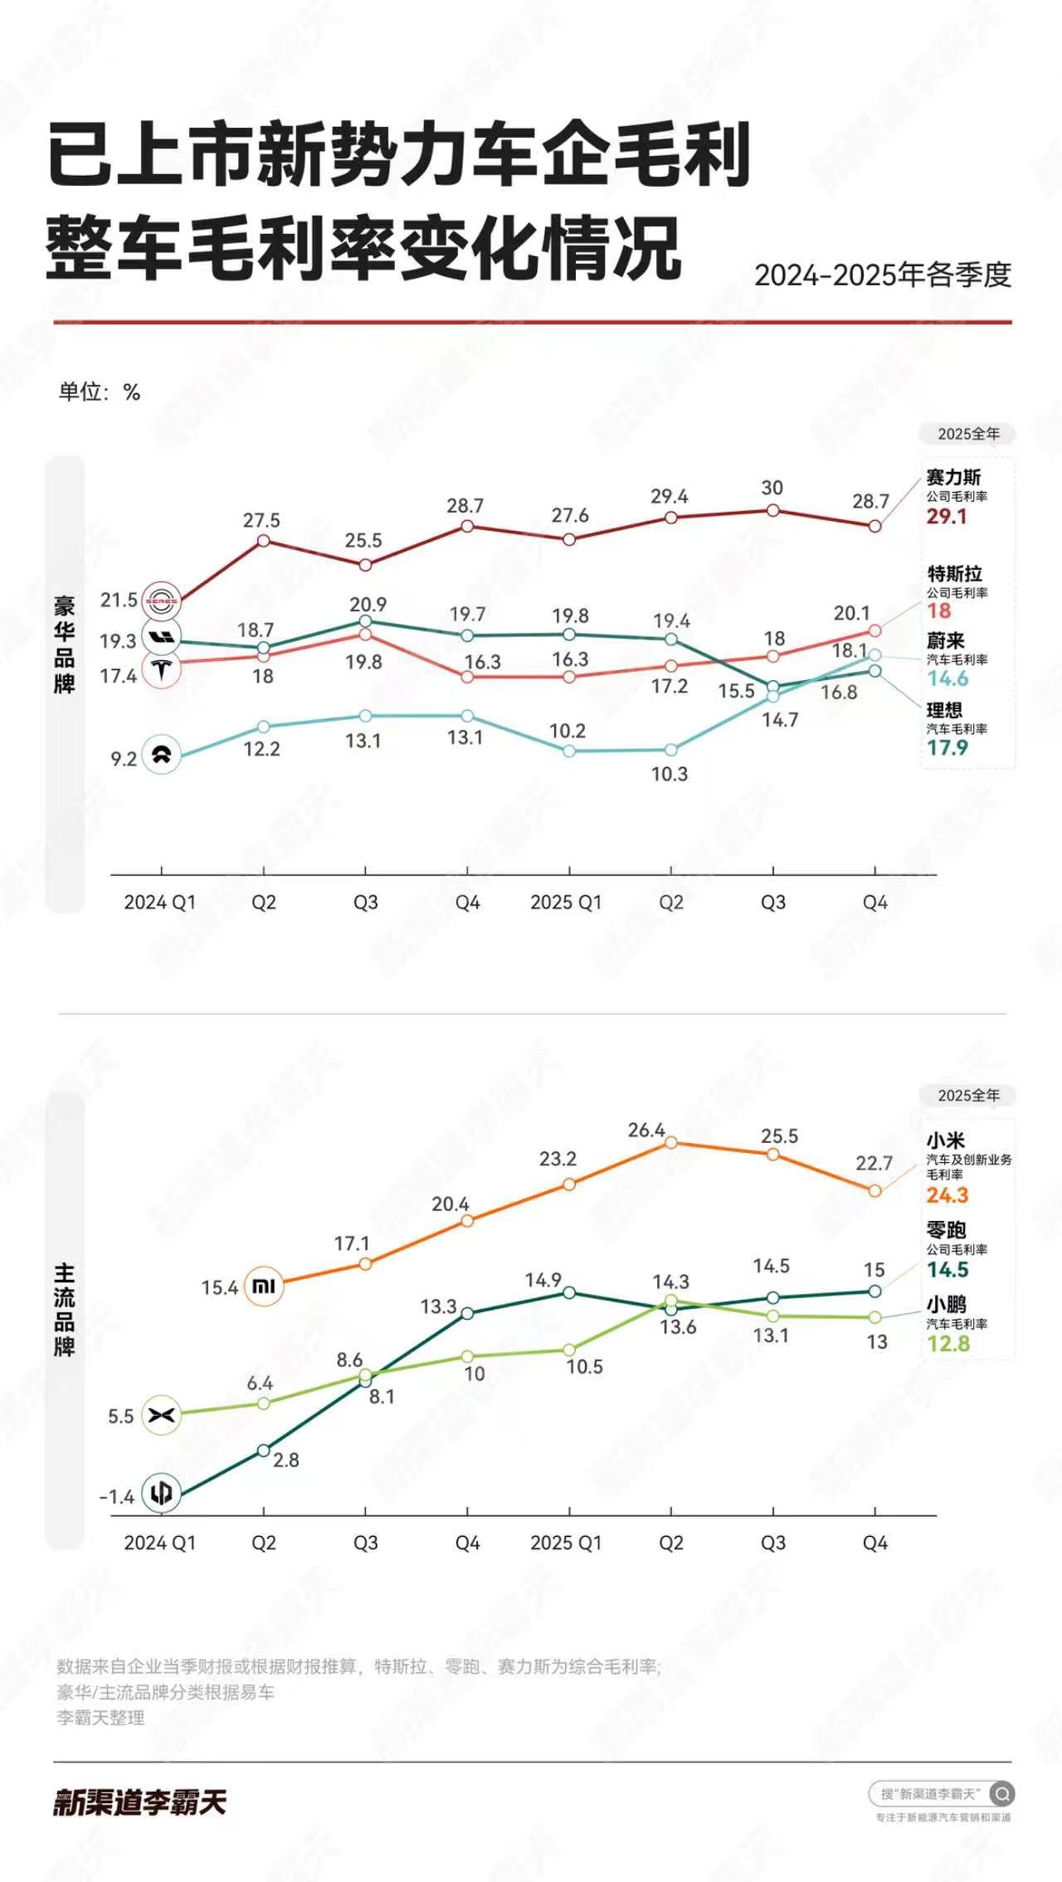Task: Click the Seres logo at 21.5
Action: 162,601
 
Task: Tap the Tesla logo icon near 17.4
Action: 162,669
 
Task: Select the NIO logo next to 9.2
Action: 161,755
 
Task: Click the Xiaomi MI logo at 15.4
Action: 264,1286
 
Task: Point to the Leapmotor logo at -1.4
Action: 162,1493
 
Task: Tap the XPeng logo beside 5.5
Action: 162,1415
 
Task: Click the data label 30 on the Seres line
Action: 772,488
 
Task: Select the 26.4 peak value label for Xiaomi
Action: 646,1130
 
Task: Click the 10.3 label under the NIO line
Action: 669,774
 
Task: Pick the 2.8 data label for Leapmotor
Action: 285,1460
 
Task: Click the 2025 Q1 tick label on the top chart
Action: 566,902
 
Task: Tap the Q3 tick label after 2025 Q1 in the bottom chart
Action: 772,1543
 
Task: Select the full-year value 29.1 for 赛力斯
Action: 947,517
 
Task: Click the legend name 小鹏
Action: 946,1304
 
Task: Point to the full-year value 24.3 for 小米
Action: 948,1195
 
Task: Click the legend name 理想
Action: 944,710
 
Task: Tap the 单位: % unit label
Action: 99,391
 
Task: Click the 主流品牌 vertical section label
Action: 65,1311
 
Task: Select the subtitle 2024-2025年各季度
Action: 883,275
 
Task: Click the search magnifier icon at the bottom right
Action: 1001,1794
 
